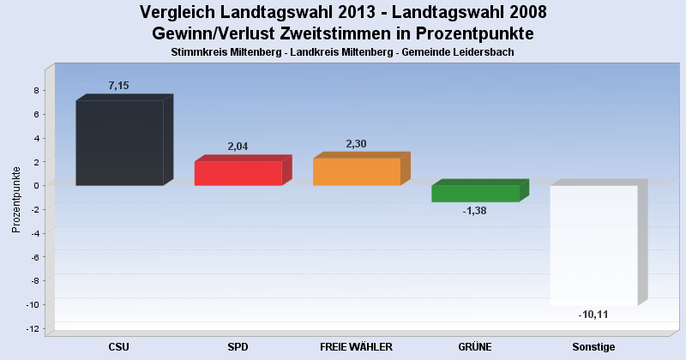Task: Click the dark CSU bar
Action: pos(124,140)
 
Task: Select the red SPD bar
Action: pos(243,171)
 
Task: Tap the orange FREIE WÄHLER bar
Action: pos(361,169)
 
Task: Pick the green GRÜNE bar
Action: pos(480,191)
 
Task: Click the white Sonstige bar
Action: pos(599,243)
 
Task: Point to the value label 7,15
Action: pos(118,86)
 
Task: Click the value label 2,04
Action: pos(238,147)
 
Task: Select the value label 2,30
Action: pos(356,144)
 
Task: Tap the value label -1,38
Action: pos(475,211)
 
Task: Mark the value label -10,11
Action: pos(593,315)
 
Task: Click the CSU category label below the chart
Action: pos(119,347)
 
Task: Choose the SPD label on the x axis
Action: pos(238,347)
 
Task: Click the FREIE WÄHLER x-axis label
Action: pos(356,347)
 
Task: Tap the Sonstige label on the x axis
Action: pos(593,347)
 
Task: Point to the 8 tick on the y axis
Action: pos(36,91)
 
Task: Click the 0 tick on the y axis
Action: pos(36,185)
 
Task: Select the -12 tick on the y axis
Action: pos(33,328)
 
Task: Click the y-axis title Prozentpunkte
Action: pos(16,200)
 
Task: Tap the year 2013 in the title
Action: pos(354,12)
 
